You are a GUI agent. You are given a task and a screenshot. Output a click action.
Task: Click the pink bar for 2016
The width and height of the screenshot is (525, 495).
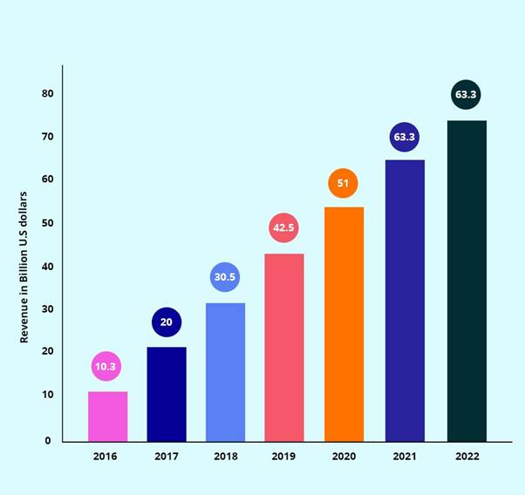(107, 417)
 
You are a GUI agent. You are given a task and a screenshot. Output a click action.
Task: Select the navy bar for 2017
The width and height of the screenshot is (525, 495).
(167, 394)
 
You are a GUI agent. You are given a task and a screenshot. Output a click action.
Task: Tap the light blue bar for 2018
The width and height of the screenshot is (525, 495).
(225, 372)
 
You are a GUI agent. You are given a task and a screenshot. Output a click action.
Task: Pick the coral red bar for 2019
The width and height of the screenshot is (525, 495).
(284, 348)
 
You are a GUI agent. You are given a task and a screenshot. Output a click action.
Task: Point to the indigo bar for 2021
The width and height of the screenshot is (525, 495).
(405, 301)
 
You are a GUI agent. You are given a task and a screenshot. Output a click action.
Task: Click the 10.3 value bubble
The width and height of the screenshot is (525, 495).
(106, 367)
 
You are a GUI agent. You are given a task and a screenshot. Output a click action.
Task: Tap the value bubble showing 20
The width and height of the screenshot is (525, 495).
(166, 322)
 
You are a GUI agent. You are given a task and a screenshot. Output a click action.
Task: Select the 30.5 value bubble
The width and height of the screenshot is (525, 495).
(225, 277)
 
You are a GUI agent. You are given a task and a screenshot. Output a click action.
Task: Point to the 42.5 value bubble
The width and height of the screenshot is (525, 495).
(284, 228)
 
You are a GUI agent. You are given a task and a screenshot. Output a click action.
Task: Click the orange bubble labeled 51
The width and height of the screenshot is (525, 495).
(343, 183)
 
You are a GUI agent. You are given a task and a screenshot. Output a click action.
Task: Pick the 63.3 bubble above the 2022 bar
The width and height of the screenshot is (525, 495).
(467, 94)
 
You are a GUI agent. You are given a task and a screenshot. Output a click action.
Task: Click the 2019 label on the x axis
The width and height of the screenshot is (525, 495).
(284, 455)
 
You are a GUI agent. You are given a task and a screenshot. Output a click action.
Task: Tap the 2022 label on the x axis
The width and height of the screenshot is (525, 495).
(467, 455)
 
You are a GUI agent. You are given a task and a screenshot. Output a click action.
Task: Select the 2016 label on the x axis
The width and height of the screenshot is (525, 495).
(106, 455)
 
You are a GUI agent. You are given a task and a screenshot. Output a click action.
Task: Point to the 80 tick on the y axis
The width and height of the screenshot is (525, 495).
(46, 94)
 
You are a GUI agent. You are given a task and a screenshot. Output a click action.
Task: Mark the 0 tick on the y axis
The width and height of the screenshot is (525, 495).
(48, 441)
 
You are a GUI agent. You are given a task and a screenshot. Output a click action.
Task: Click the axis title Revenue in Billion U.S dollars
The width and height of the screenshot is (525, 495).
(24, 267)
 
